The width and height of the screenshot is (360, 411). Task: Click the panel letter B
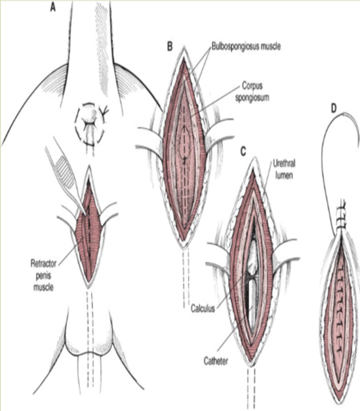point(170,46)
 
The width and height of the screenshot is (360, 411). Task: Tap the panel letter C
point(244,152)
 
